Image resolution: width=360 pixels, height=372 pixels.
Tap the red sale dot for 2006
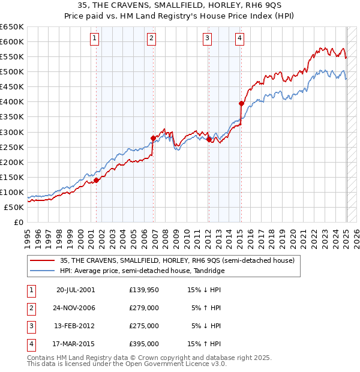click(153, 138)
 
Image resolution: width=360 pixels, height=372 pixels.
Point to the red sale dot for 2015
click(241, 103)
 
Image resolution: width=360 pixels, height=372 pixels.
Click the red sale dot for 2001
click(96, 180)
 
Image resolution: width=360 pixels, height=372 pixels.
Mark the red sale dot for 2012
click(209, 139)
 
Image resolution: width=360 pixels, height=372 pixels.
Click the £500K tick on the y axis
click(13, 71)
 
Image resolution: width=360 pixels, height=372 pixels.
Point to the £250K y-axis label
click(13, 147)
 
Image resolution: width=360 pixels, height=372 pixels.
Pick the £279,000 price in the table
click(144, 308)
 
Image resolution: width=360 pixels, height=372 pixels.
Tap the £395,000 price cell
click(144, 344)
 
